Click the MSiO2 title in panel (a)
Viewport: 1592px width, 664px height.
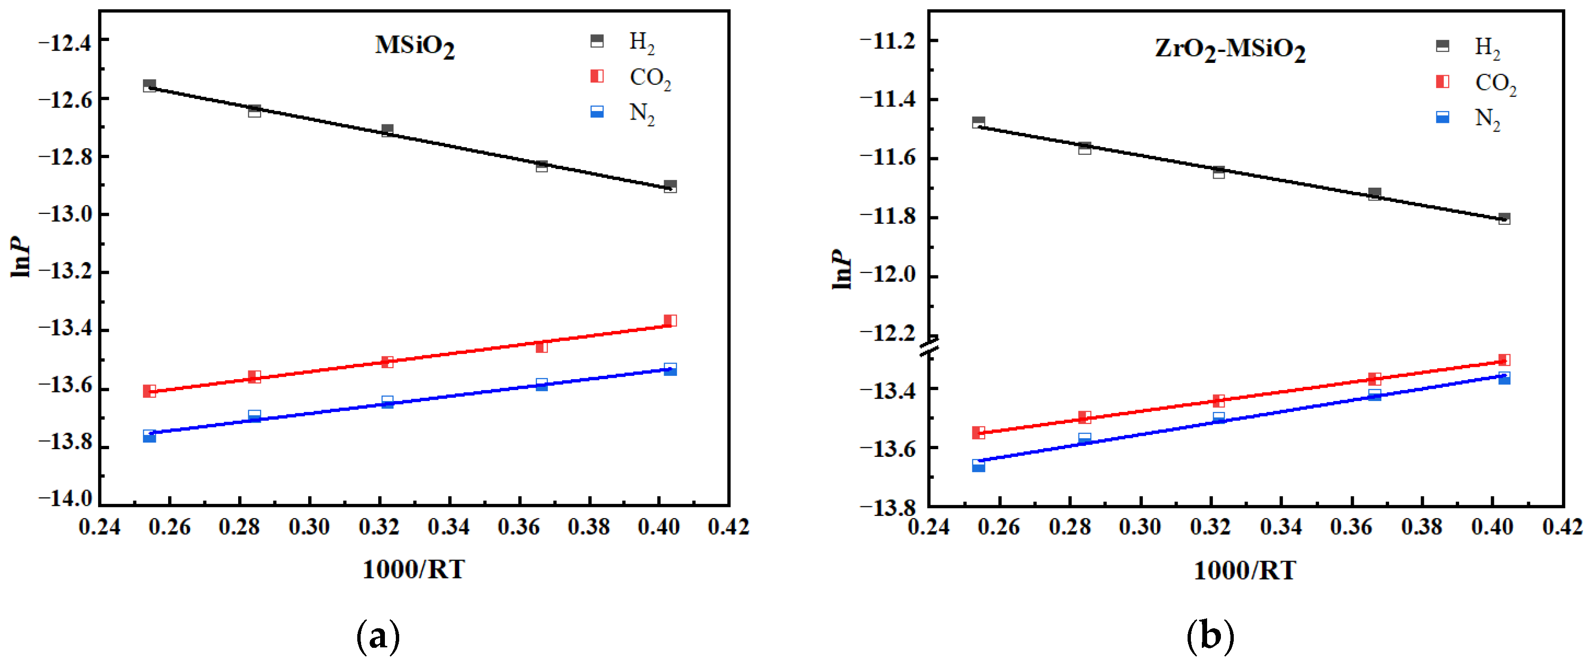415,46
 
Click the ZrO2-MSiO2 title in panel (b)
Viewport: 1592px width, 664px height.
1230,50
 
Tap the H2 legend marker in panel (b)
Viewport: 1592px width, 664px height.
1442,46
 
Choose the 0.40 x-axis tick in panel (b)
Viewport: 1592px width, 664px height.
1492,527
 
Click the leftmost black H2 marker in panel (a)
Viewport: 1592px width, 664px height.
150,85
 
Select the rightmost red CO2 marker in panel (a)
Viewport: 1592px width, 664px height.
670,320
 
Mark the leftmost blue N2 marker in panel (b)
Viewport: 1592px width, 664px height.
978,465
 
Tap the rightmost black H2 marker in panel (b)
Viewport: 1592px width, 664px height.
1504,219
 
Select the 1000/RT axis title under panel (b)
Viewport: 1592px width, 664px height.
1244,570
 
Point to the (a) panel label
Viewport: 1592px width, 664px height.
378,636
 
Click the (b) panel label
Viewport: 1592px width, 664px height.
1209,636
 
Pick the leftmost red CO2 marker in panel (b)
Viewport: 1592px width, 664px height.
978,432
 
